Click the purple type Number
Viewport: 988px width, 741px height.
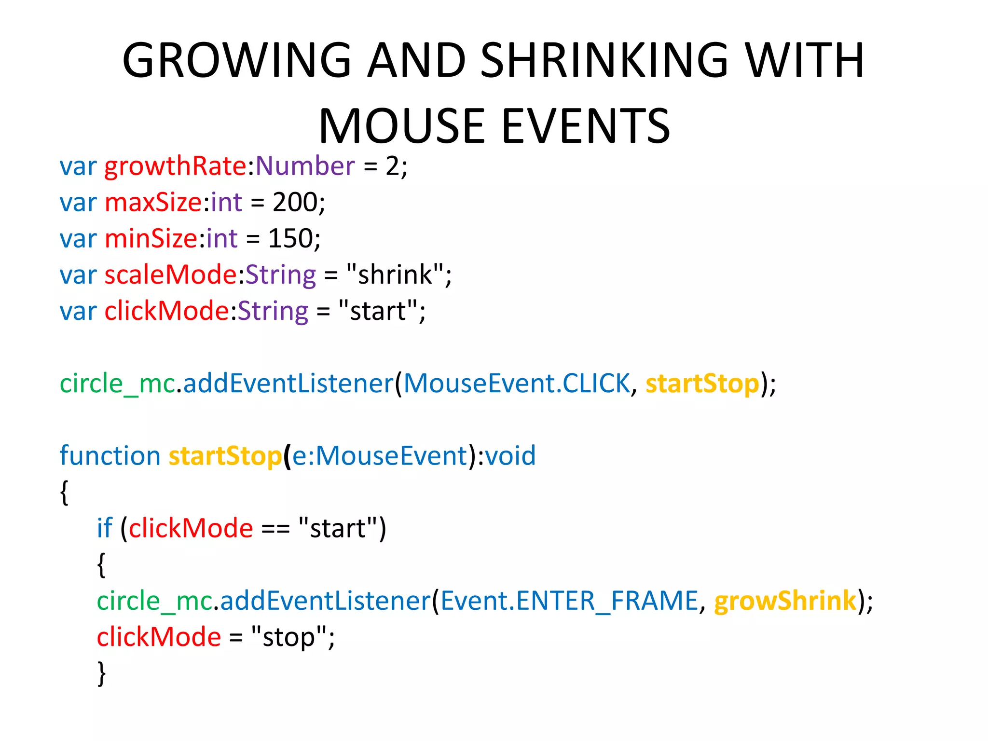point(305,166)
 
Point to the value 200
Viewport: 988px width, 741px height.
point(295,203)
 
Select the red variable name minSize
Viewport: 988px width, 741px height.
point(151,239)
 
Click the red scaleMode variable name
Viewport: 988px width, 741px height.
point(171,275)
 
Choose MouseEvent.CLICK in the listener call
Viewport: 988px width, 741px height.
point(517,384)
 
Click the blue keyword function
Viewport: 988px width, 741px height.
point(110,456)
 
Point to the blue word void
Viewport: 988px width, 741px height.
point(511,456)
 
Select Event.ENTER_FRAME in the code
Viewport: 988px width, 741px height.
point(569,602)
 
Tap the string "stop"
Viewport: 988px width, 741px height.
point(289,637)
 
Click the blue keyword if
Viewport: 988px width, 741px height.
point(104,529)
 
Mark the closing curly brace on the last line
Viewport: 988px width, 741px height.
point(101,673)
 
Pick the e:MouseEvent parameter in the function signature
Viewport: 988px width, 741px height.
point(380,456)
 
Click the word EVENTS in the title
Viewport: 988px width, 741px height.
point(586,126)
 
